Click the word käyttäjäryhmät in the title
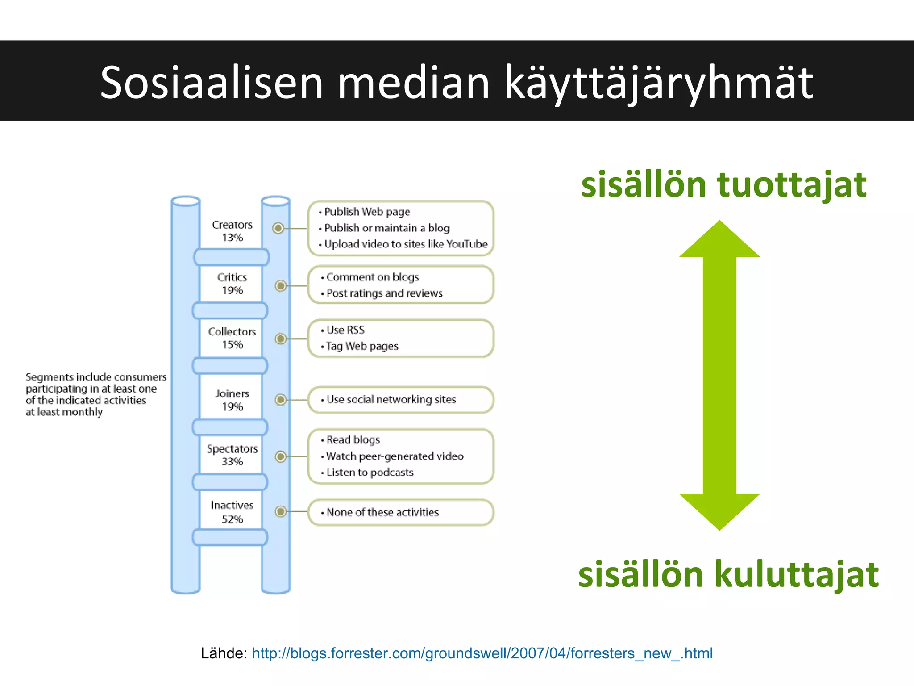(x=659, y=83)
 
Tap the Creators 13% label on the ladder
(x=232, y=231)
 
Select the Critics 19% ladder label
(x=232, y=284)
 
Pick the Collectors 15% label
(x=232, y=338)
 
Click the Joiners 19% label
(x=232, y=400)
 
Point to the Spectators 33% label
(x=232, y=455)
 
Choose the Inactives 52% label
(x=232, y=512)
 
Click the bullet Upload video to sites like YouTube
(x=405, y=244)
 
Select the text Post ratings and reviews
(x=384, y=293)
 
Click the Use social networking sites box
(x=400, y=400)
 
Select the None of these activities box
(x=400, y=512)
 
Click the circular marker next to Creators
(x=278, y=229)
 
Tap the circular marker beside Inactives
(x=280, y=511)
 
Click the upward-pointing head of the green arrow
(x=719, y=241)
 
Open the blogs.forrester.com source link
(x=482, y=653)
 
